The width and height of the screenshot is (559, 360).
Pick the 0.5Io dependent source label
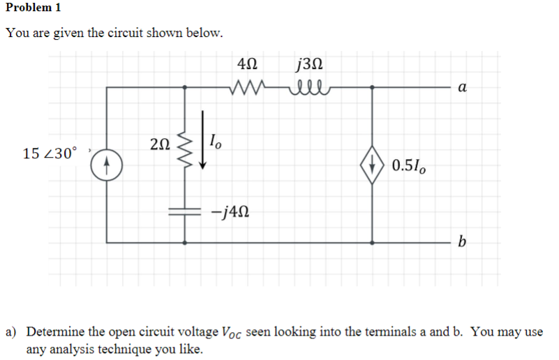(411, 165)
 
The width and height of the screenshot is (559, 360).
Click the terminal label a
(463, 88)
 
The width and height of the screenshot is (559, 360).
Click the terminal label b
(463, 242)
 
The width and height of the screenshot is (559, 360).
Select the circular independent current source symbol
(107, 165)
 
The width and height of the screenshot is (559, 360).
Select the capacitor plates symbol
(185, 211)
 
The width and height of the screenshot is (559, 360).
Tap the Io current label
(216, 144)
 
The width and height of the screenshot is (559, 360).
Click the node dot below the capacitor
(185, 243)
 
